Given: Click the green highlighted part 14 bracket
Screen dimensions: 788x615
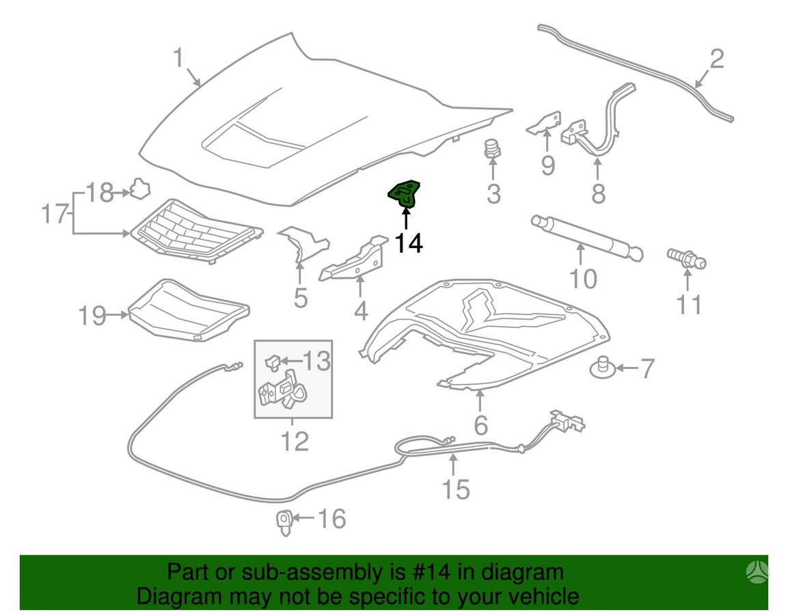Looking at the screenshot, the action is (x=404, y=194).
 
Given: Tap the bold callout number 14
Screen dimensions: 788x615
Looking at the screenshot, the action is (x=409, y=244).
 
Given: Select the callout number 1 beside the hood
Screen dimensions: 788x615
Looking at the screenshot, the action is (x=178, y=58).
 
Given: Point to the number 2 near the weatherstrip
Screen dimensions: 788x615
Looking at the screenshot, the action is (x=716, y=59).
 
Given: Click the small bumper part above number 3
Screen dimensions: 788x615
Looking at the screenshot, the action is (x=493, y=148).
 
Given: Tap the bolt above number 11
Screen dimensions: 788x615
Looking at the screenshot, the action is (x=686, y=259).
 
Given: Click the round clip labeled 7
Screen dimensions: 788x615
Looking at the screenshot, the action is (x=603, y=369).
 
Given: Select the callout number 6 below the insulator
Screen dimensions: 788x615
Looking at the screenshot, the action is (x=480, y=425).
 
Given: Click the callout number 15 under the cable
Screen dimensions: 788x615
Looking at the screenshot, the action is (x=456, y=489).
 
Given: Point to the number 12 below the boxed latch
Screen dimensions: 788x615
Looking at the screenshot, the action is (x=295, y=441).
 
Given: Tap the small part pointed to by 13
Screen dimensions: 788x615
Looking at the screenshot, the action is (x=272, y=361).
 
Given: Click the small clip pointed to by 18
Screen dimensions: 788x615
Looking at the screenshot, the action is (x=140, y=189).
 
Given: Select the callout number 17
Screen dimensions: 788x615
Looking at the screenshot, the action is (x=54, y=213).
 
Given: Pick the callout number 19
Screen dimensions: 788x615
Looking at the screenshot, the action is (x=92, y=316).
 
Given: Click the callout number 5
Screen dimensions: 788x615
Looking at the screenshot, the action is (x=301, y=299).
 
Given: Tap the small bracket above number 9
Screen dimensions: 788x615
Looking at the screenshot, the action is (x=544, y=124).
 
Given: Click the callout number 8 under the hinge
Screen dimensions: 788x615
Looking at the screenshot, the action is (x=598, y=193).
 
